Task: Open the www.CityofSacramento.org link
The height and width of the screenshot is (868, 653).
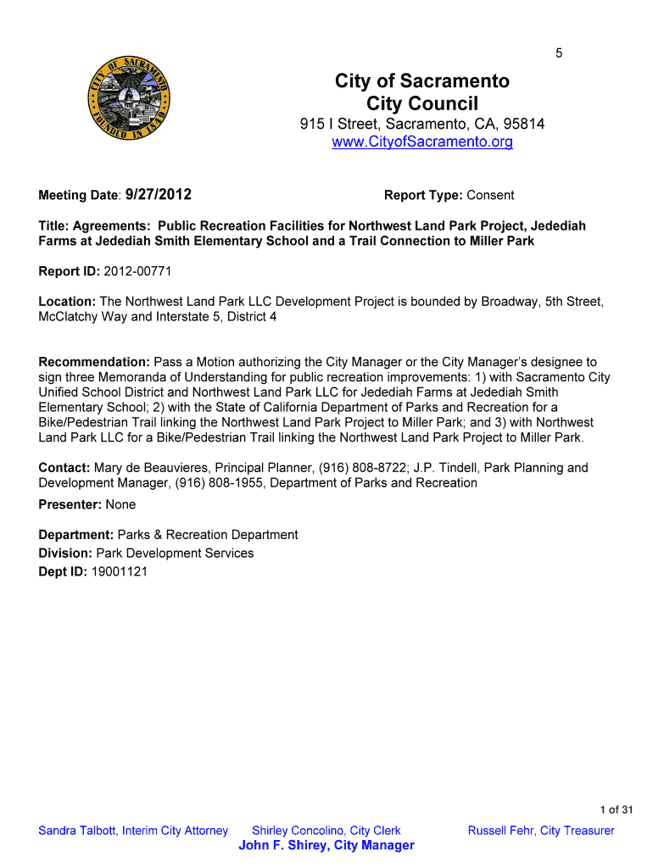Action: tap(422, 142)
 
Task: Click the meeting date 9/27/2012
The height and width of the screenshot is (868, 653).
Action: tap(158, 195)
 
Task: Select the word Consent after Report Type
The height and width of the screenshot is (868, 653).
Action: tap(490, 196)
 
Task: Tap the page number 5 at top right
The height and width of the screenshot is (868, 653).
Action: tap(559, 53)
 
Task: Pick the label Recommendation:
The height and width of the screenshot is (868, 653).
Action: tap(94, 362)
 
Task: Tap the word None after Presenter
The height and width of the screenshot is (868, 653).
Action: tap(120, 504)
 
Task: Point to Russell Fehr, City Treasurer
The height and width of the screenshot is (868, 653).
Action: tap(541, 831)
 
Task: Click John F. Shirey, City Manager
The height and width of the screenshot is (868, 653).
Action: tap(326, 845)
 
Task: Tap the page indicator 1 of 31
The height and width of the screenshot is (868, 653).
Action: tap(617, 810)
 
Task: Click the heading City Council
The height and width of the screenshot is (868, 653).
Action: tap(422, 104)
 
